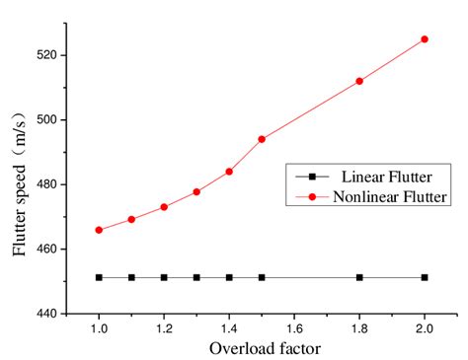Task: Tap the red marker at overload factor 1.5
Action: (x=262, y=139)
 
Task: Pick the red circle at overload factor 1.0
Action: (x=99, y=230)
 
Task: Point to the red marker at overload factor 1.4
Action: (x=229, y=172)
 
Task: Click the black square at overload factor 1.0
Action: (x=99, y=277)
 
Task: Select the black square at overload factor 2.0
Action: (x=425, y=277)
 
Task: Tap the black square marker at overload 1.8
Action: (x=359, y=277)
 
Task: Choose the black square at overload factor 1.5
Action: (x=262, y=277)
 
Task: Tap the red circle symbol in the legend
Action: (x=313, y=197)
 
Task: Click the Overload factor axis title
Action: (x=264, y=348)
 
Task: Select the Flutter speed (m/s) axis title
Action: (x=20, y=184)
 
